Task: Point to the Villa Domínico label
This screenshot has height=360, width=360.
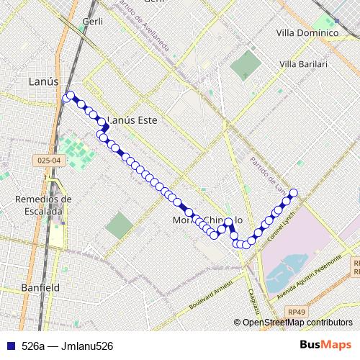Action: click(307, 32)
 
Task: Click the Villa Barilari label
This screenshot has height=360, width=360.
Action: click(303, 64)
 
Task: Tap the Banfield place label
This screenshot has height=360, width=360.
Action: click(40, 287)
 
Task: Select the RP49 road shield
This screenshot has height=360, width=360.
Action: click(294, 311)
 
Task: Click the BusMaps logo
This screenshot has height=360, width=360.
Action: click(332, 346)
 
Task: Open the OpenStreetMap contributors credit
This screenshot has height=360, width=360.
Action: click(297, 322)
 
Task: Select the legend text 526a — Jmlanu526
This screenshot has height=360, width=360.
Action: click(68, 346)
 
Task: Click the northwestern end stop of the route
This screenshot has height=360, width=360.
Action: click(69, 97)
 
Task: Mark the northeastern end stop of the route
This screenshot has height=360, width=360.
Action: click(293, 192)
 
